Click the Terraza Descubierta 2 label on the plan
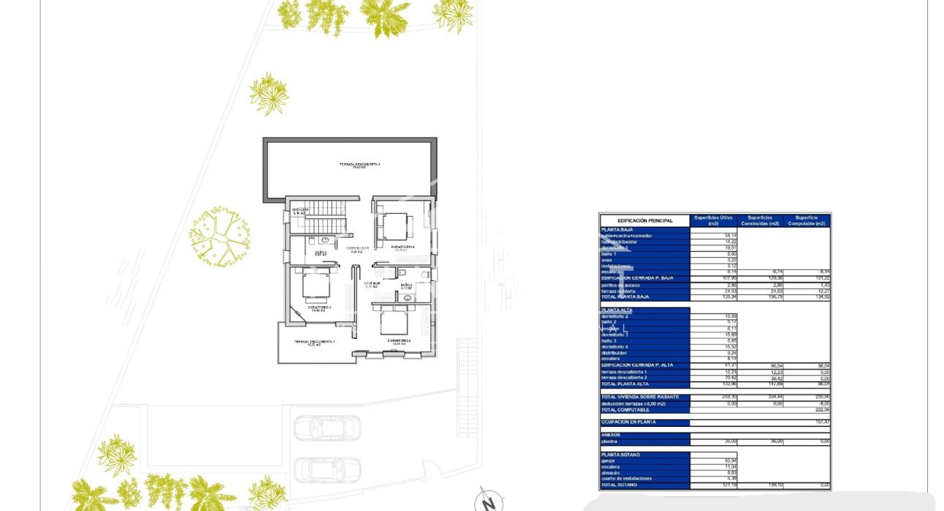(359, 165)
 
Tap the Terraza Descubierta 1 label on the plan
(314, 343)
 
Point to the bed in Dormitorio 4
(396, 225)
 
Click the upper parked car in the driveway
(327, 428)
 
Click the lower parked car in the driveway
(327, 469)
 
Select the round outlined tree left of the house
(220, 236)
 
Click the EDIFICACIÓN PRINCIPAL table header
(645, 220)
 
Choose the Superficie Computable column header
(806, 220)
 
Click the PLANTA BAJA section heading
(616, 230)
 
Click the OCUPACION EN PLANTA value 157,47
(819, 422)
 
